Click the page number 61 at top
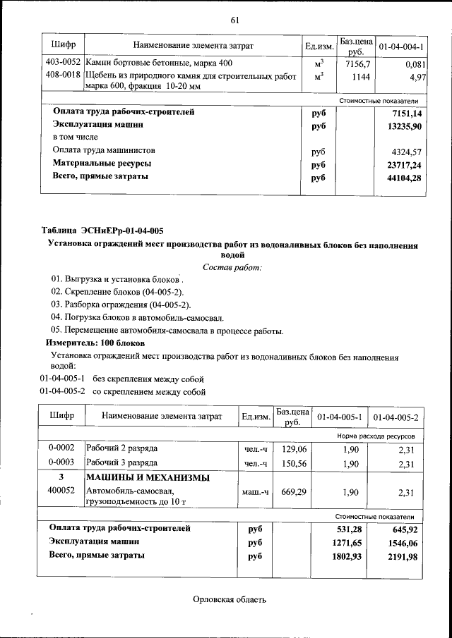[235, 19]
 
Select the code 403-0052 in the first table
[62, 63]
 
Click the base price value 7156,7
[357, 63]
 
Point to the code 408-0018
[62, 75]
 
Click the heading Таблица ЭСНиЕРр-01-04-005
[102, 231]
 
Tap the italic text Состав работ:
[232, 267]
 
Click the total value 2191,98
[403, 556]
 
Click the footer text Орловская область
[230, 600]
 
